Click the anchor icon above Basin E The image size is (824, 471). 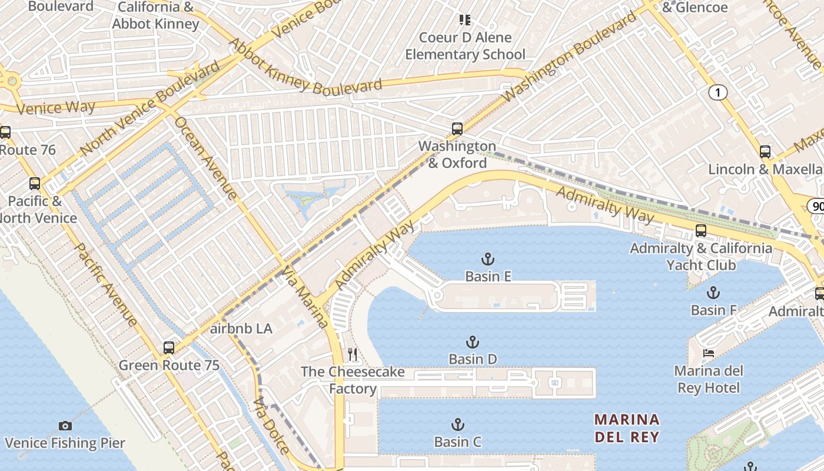pos(487,259)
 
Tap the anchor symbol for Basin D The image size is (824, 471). pos(472,342)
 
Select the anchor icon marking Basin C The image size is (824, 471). pos(457,424)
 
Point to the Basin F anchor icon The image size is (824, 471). pos(713,293)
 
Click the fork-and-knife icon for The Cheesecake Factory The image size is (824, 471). pos(353,354)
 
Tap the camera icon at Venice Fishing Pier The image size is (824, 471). pos(65,426)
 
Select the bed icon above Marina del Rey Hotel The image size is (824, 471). pos(709,353)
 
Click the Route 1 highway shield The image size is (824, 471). pos(717,92)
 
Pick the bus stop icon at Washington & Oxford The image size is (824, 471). pos(457,129)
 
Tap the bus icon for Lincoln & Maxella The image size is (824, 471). pos(765,152)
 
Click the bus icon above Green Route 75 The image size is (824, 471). pos(169,348)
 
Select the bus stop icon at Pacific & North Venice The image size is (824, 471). pos(35,184)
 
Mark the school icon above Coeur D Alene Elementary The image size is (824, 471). pos(465,20)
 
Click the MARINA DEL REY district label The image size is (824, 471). pos(627,428)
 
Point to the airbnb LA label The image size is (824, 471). pos(241,329)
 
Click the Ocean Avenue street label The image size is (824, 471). pos(206,157)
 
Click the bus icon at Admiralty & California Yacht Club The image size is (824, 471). pos(700,231)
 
